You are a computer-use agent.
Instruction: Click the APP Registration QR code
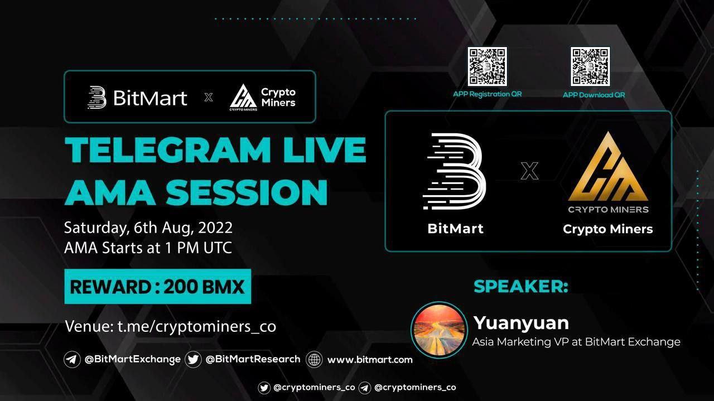tap(487, 66)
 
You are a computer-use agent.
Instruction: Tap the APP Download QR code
tap(590, 66)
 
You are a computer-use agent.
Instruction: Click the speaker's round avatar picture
tap(439, 330)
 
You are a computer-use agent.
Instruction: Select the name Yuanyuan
tap(521, 323)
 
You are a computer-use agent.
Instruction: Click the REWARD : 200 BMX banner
tap(157, 286)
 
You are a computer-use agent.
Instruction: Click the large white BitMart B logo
tap(454, 171)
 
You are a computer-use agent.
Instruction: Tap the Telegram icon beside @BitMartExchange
tap(72, 360)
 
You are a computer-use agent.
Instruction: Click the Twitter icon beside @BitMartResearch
tap(193, 360)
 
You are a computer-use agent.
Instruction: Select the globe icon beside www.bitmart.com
tap(314, 360)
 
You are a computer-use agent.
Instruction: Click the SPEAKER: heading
tap(521, 286)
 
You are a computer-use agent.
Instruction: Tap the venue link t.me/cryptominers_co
tap(197, 326)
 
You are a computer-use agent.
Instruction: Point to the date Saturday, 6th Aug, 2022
tap(148, 228)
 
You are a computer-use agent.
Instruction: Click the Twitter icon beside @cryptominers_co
tap(264, 388)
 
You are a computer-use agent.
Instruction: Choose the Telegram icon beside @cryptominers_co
tap(365, 388)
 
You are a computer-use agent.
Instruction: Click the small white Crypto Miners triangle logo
tap(243, 96)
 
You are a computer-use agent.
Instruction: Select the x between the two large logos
tap(529, 171)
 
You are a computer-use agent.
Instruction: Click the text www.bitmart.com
tap(370, 360)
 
